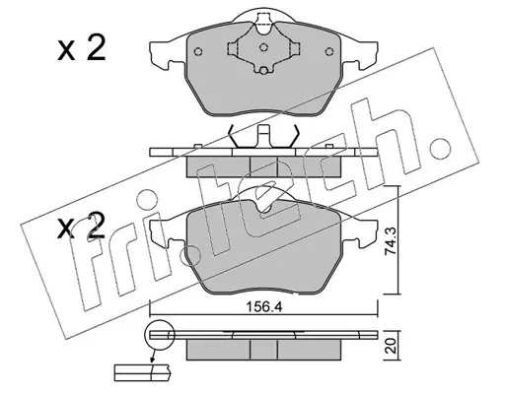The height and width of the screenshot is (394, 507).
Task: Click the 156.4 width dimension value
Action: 264,307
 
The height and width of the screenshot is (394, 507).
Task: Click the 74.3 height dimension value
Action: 392,240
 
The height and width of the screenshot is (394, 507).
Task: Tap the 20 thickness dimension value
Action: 391,346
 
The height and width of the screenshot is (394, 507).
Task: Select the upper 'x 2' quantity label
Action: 82,48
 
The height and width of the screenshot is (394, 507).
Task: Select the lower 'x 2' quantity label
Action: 82,227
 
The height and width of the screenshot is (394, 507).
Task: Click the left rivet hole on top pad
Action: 198,51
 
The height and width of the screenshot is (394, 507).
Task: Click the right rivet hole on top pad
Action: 328,51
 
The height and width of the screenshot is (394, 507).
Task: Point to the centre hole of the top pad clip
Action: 263,47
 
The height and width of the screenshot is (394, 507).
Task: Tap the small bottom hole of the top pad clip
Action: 263,70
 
